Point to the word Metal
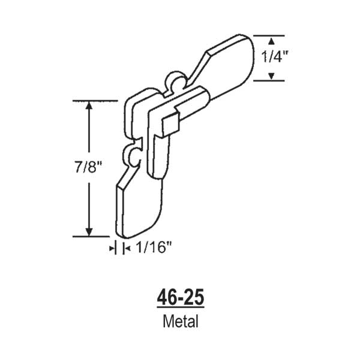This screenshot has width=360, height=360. pos(180,321)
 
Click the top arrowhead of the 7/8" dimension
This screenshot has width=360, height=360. pos(89,106)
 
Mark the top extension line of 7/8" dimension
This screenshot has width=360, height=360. pos(95,100)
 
